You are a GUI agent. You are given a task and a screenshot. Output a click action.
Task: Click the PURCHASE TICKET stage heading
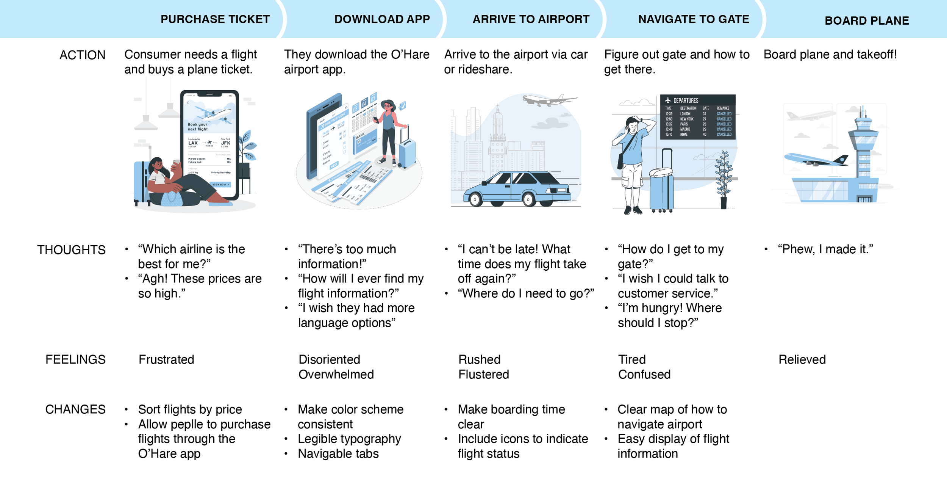(215, 19)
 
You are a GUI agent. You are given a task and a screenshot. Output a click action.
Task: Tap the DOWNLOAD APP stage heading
(382, 19)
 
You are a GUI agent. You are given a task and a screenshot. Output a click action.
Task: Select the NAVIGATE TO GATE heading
(693, 19)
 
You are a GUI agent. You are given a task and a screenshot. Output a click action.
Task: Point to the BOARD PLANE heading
(866, 20)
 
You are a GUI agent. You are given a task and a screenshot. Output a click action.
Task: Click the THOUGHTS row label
(71, 250)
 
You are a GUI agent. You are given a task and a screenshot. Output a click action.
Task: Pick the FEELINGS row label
(75, 359)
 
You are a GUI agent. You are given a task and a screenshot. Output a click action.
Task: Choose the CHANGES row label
(75, 409)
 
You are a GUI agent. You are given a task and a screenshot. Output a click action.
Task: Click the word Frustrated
(166, 359)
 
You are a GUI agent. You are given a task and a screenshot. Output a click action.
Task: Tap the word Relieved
(802, 359)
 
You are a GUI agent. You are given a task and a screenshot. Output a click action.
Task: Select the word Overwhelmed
(336, 375)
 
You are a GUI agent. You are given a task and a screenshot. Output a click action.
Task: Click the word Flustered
(483, 375)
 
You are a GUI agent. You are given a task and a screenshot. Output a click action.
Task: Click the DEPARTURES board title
(686, 100)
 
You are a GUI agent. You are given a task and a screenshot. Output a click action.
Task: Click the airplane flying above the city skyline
(549, 100)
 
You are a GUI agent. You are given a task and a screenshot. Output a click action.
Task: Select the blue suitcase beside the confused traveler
(661, 188)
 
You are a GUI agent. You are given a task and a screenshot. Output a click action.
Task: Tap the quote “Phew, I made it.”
(825, 249)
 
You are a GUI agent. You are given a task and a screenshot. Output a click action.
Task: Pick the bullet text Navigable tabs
(338, 454)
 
